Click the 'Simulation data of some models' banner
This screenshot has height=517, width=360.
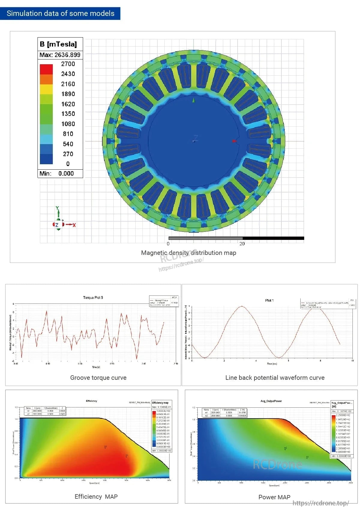[x=60, y=14]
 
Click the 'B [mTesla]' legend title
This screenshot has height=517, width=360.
[x=58, y=44]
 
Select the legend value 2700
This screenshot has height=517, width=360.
[x=68, y=64]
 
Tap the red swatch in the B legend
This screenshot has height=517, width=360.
[x=46, y=69]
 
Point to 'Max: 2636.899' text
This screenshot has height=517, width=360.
[x=60, y=55]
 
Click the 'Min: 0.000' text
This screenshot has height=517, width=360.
[x=57, y=174]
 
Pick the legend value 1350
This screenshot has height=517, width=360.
[x=68, y=114]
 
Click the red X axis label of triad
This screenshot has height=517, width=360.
[x=74, y=225]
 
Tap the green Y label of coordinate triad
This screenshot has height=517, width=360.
[x=57, y=208]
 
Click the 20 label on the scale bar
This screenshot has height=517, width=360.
[x=242, y=243]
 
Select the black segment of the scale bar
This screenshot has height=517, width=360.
[x=273, y=238]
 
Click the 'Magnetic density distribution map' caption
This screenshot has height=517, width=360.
[x=188, y=253]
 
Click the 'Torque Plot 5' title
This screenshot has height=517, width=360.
[x=93, y=298]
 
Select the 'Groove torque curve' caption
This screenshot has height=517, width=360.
[x=98, y=378]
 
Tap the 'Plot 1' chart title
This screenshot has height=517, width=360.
[x=269, y=300]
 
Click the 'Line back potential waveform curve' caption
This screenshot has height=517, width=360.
[x=275, y=378]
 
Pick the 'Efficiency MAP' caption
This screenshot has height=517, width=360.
[x=96, y=497]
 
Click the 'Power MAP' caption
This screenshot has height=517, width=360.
[x=274, y=497]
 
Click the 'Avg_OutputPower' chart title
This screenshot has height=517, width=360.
[x=271, y=401]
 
